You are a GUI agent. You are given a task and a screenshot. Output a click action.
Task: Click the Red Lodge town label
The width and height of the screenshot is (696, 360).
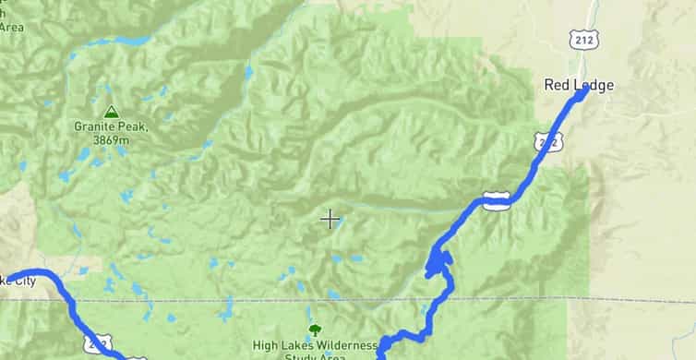[x=578, y=85]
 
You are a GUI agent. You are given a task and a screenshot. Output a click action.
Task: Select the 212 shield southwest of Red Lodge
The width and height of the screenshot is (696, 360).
[x=546, y=140]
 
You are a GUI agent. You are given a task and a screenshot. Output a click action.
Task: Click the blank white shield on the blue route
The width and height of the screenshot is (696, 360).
[x=496, y=200]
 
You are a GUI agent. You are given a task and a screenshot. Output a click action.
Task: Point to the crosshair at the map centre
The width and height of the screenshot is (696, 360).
[x=330, y=219]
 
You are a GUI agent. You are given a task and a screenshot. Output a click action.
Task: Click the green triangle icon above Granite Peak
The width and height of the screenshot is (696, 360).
[x=111, y=111]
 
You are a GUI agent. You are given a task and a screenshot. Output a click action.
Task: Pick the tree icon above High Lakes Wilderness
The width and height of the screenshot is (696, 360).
[x=315, y=330]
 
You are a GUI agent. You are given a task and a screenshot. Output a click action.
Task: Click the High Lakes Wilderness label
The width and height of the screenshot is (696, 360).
[x=315, y=346]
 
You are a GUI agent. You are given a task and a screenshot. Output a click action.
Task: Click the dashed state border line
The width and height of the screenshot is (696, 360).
[x=231, y=300]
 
